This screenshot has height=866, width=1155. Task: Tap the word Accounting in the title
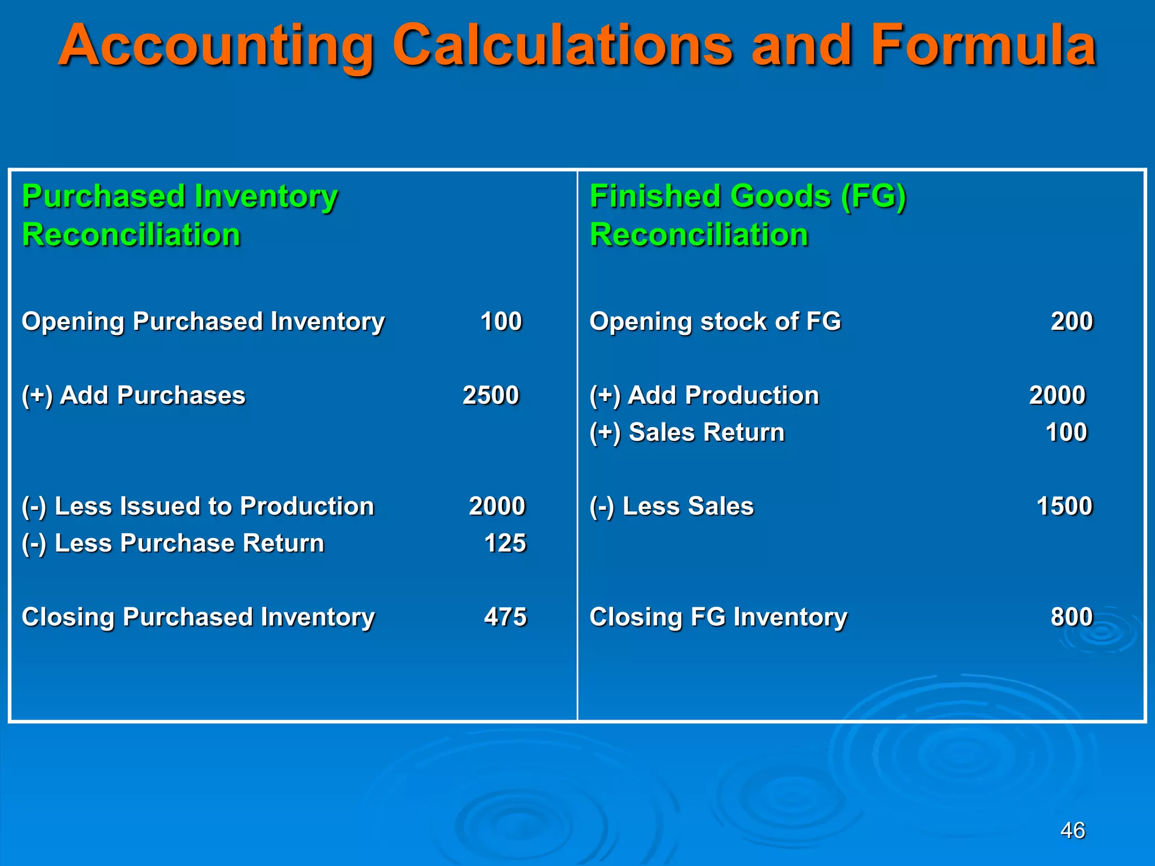[x=217, y=46]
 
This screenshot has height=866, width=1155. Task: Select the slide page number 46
[x=1072, y=830]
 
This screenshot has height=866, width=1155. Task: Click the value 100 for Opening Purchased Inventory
[x=501, y=321]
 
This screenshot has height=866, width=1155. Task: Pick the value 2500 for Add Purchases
[x=490, y=395]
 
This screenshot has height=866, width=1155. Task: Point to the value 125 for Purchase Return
[x=505, y=543]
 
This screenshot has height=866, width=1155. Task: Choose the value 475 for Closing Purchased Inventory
[x=505, y=617]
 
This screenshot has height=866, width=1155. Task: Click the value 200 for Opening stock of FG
[x=1072, y=321]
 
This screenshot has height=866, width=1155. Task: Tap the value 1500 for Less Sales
[x=1064, y=506]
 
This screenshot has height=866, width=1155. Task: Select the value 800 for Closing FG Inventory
[x=1072, y=617]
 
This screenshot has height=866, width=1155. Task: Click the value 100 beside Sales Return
[x=1066, y=432]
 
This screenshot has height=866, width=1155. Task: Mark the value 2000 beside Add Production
[x=1057, y=395]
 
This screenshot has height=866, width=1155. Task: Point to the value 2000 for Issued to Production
[x=497, y=506]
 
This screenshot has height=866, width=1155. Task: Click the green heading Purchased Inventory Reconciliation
[x=179, y=215]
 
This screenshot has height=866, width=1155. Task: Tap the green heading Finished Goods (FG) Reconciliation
[x=747, y=215]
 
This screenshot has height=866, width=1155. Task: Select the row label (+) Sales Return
[x=687, y=432]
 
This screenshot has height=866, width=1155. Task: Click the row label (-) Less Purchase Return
[x=173, y=544]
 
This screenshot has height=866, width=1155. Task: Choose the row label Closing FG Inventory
[x=718, y=617]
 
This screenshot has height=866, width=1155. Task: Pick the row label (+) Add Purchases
[x=133, y=395]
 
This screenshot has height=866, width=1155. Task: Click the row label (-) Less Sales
[x=671, y=506]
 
